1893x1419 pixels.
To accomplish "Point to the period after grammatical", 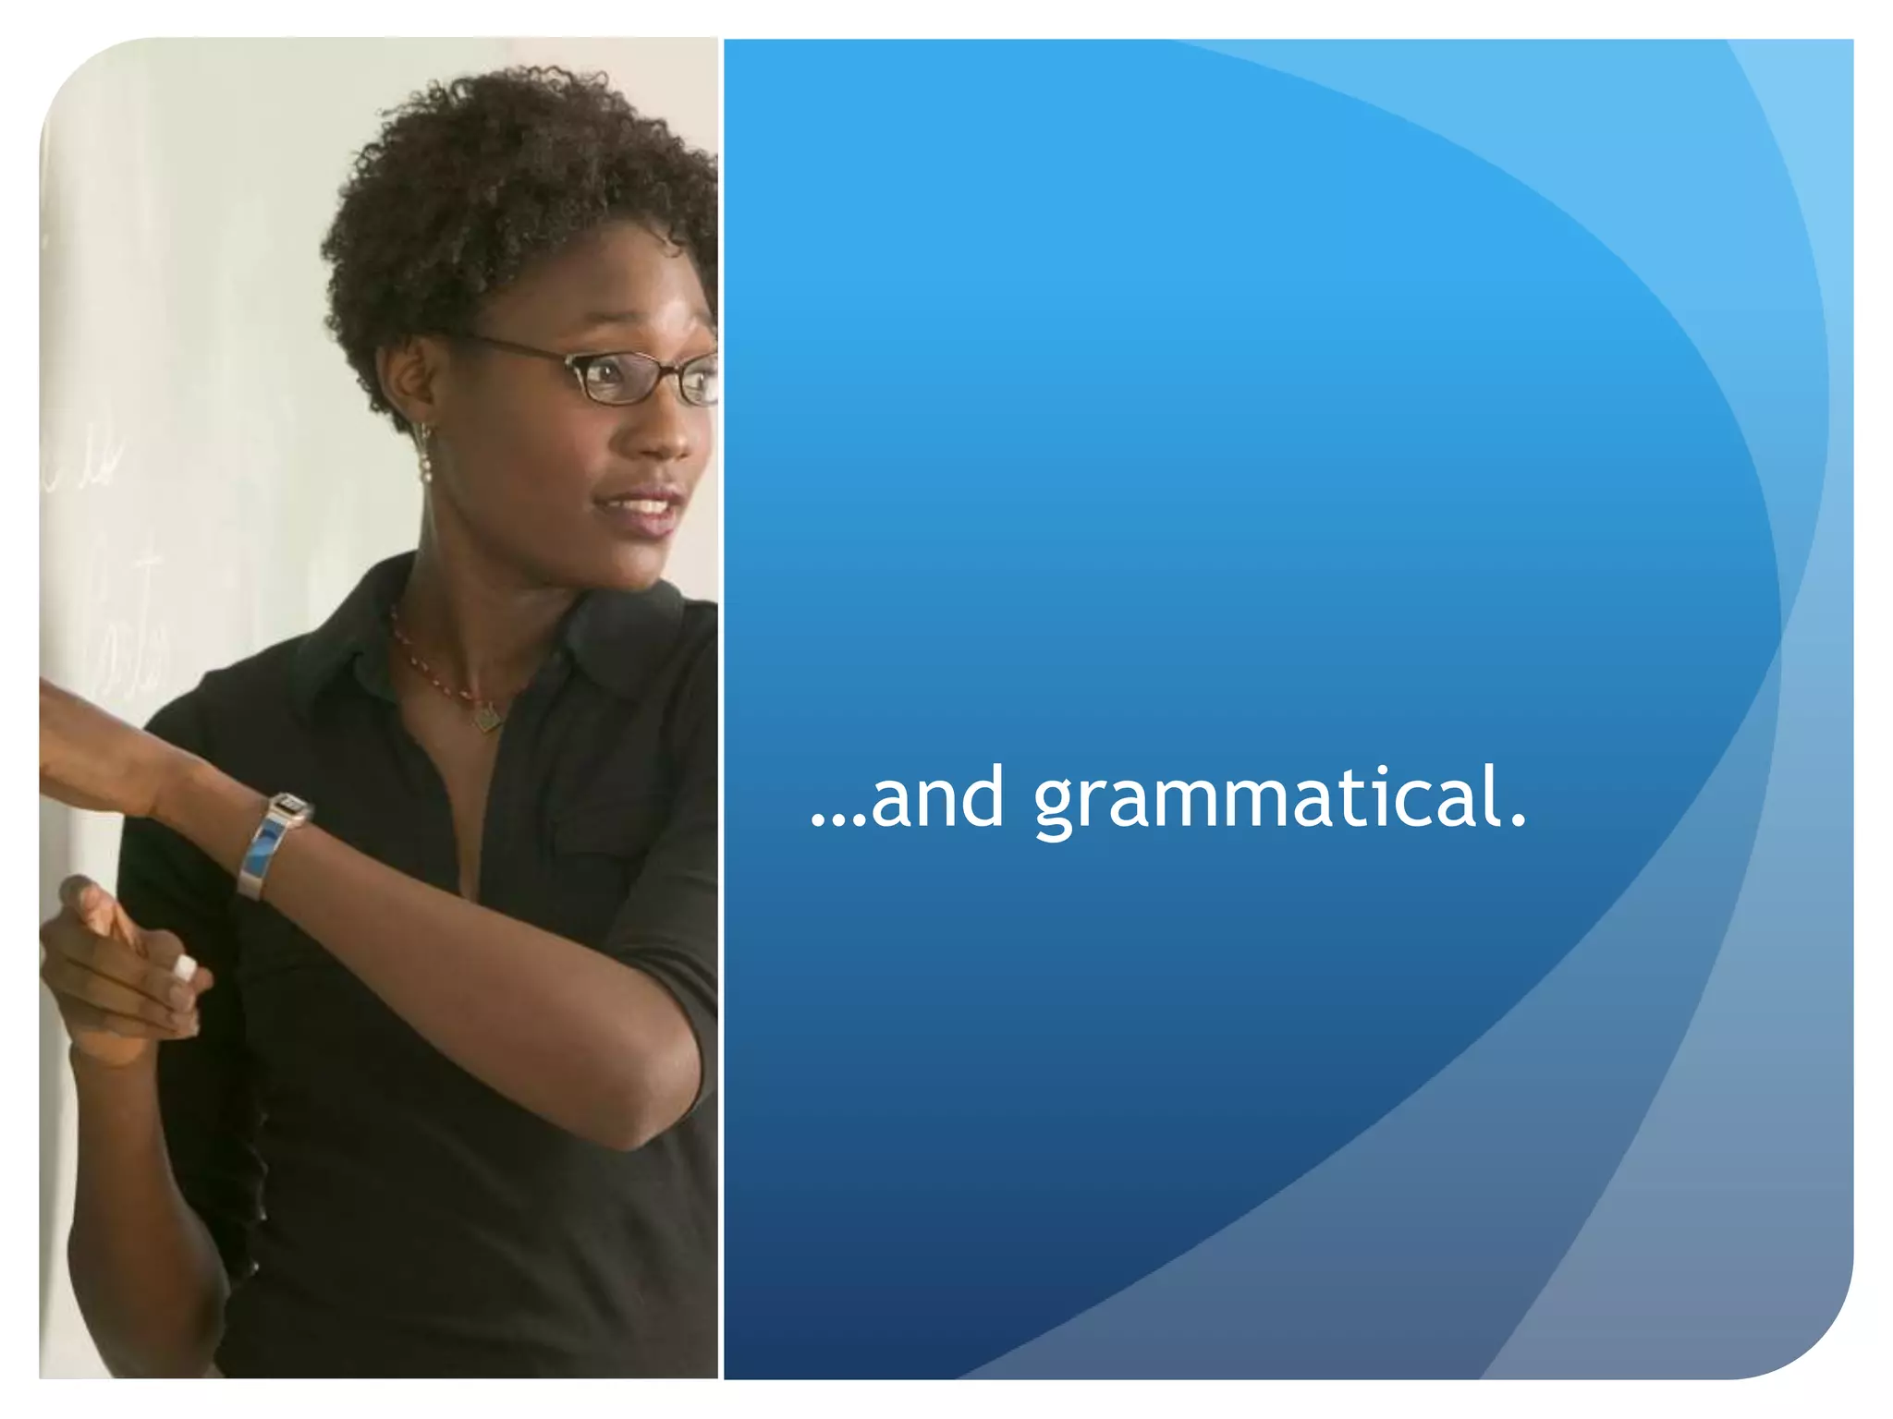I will [1517, 820].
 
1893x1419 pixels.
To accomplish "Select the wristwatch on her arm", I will [273, 841].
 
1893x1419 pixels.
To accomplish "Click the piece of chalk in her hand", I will [185, 967].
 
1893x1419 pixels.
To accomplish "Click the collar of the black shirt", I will [342, 647].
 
